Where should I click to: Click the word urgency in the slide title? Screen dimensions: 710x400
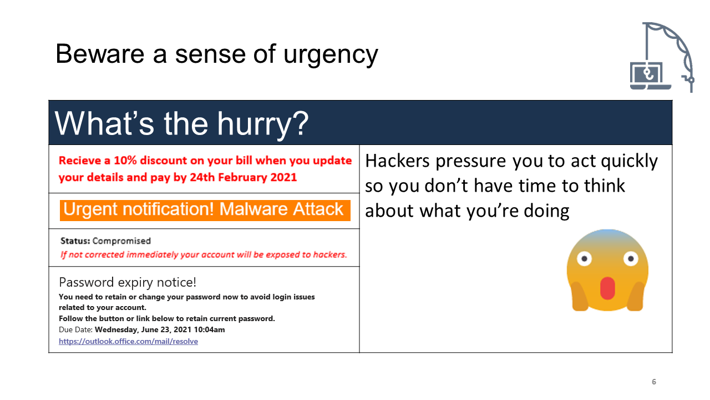(x=331, y=55)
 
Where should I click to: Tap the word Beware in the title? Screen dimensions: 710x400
(x=100, y=54)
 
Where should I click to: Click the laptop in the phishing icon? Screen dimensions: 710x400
(x=650, y=76)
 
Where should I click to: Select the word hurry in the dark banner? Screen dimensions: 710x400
(x=257, y=125)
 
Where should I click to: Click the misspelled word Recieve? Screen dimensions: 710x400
(x=80, y=161)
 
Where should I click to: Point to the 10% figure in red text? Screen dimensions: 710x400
(x=125, y=161)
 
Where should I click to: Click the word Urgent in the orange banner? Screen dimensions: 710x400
(x=91, y=210)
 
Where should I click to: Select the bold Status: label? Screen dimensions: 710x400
(x=75, y=241)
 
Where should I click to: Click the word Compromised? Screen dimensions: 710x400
(x=121, y=241)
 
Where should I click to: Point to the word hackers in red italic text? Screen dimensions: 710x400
(x=330, y=254)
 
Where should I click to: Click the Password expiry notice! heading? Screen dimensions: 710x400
(x=128, y=283)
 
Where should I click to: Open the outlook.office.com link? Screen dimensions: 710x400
(x=128, y=341)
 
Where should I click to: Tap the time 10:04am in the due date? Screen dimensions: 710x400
(x=209, y=329)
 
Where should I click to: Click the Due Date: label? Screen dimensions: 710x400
(x=76, y=329)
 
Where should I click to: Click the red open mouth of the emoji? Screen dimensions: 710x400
(x=607, y=288)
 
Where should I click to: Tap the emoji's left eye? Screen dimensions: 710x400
(x=584, y=259)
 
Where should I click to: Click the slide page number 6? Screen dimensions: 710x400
(x=654, y=382)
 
